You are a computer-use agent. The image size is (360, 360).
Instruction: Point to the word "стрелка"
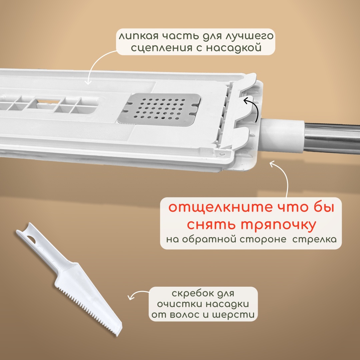click(x=315, y=239)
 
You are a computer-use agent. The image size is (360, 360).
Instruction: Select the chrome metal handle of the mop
click(x=332, y=138)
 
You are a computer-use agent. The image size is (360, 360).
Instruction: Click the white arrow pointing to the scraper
click(x=137, y=293)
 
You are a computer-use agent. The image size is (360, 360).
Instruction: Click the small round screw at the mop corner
click(x=222, y=153)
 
